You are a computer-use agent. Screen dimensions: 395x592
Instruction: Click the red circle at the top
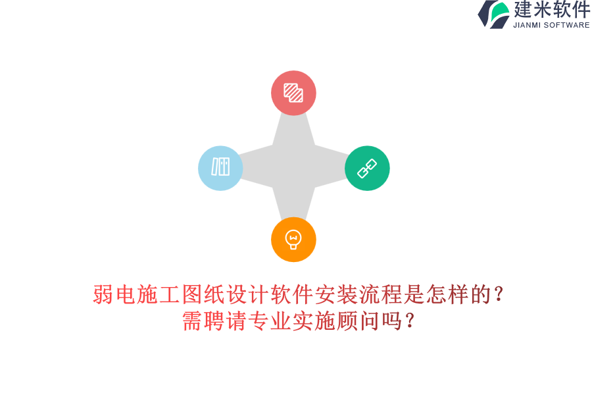(293, 93)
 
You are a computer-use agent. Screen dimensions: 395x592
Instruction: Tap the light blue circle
(220, 168)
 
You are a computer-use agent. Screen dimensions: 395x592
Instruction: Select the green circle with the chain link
(367, 168)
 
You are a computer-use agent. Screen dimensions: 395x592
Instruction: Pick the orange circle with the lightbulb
(293, 240)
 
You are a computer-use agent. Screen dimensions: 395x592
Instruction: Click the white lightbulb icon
(293, 239)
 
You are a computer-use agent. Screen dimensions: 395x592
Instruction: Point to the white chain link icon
(367, 169)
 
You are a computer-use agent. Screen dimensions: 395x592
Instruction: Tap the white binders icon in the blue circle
(220, 167)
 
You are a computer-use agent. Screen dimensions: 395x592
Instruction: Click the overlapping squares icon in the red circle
(293, 93)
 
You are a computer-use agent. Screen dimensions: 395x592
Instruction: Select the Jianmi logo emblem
(493, 14)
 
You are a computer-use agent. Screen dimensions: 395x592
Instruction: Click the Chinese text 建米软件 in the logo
(551, 10)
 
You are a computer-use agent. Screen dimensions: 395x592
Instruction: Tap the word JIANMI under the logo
(527, 25)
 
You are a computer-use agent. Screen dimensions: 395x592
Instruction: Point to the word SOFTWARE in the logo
(566, 25)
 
